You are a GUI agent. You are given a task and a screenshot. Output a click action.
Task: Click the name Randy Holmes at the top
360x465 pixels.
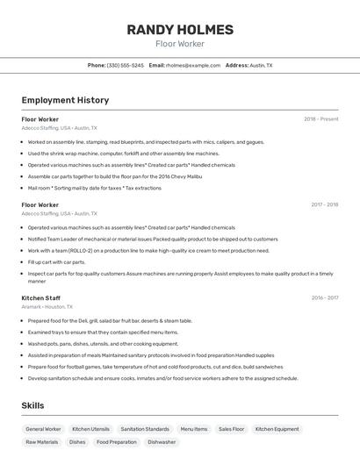(x=180, y=30)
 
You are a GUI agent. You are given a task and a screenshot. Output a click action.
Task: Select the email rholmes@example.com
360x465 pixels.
(x=193, y=65)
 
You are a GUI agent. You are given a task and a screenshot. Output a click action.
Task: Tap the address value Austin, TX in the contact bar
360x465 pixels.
(x=262, y=65)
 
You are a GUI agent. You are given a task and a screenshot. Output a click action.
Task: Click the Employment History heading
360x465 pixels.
(x=65, y=100)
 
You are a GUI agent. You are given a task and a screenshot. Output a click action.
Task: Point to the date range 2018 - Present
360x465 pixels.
(x=320, y=118)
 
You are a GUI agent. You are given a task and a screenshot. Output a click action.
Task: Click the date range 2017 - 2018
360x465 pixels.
(x=324, y=204)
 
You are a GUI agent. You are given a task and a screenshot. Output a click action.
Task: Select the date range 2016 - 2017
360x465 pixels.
(x=324, y=297)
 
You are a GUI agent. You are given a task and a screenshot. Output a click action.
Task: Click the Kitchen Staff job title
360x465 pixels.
(x=41, y=297)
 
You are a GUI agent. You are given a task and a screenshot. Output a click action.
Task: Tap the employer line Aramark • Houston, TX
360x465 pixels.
(x=47, y=306)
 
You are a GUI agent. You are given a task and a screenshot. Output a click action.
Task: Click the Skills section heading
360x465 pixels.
(x=32, y=405)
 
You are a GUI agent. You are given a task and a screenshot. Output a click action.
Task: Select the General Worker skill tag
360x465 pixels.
(x=43, y=429)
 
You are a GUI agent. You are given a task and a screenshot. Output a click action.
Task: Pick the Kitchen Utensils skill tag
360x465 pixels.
(x=90, y=429)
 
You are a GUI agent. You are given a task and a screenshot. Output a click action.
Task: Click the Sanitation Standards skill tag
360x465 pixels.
(x=145, y=429)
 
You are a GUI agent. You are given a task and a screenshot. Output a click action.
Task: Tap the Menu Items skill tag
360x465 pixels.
(x=194, y=429)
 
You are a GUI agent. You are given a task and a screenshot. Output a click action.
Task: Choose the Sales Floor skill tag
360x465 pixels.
(x=232, y=429)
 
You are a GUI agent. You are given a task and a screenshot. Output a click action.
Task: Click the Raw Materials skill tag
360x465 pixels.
(x=42, y=442)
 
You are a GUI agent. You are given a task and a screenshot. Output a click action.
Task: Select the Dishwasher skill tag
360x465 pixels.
(x=162, y=442)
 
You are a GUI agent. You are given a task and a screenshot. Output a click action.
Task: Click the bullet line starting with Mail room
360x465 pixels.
(x=94, y=188)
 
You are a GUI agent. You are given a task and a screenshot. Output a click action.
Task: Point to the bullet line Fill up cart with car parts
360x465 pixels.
(x=56, y=261)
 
